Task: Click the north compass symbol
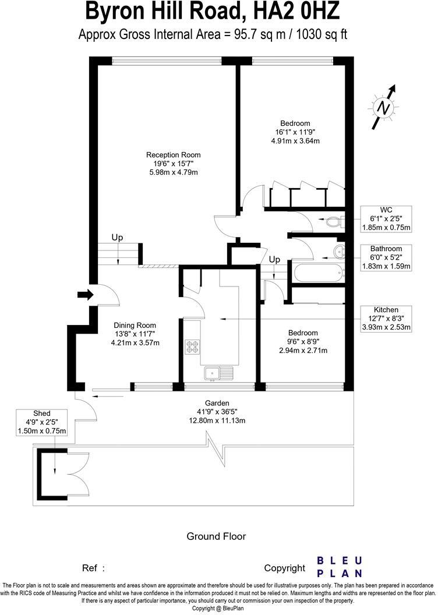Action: tap(383, 108)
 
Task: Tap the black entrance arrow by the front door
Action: tap(85, 295)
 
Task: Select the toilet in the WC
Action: tap(334, 221)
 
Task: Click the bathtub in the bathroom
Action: tap(318, 272)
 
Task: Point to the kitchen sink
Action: tap(218, 372)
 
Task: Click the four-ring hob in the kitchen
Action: tap(193, 347)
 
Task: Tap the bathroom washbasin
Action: tap(338, 252)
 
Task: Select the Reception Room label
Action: tap(173, 155)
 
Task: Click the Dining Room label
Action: tap(135, 326)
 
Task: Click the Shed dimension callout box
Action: tap(43, 422)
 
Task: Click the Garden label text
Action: tap(217, 403)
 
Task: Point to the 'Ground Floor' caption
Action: tap(216, 536)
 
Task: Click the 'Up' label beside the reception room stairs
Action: tap(118, 238)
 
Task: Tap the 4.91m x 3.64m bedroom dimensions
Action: tap(295, 140)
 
